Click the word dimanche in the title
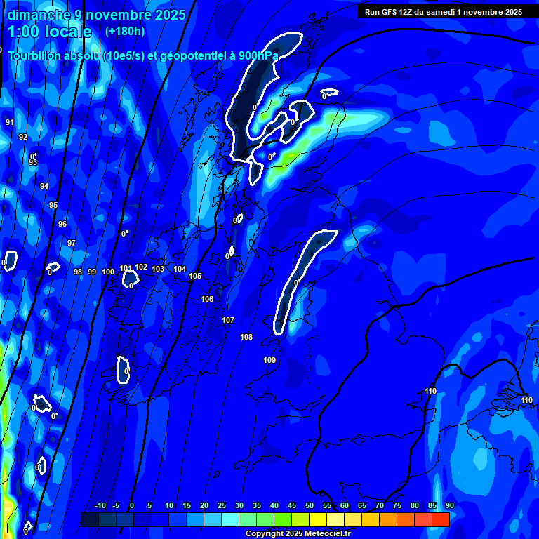(x=39, y=15)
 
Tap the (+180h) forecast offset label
(x=125, y=32)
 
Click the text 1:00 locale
(x=50, y=32)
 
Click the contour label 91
(x=10, y=122)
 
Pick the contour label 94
(x=44, y=186)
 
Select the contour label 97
(x=71, y=243)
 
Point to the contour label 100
(x=108, y=272)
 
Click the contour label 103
(x=158, y=269)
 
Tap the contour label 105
(x=195, y=276)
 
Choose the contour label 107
(x=228, y=320)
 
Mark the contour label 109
(x=269, y=360)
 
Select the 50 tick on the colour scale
(x=309, y=506)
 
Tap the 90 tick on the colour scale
(x=449, y=506)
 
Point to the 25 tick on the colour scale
(x=222, y=506)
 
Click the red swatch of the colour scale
(x=440, y=519)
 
